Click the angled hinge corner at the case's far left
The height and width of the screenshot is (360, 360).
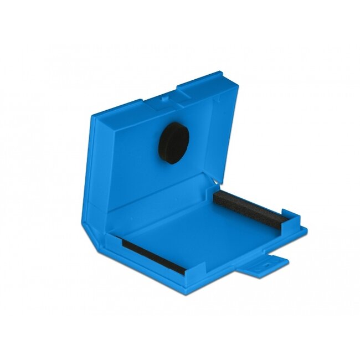(89, 222)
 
